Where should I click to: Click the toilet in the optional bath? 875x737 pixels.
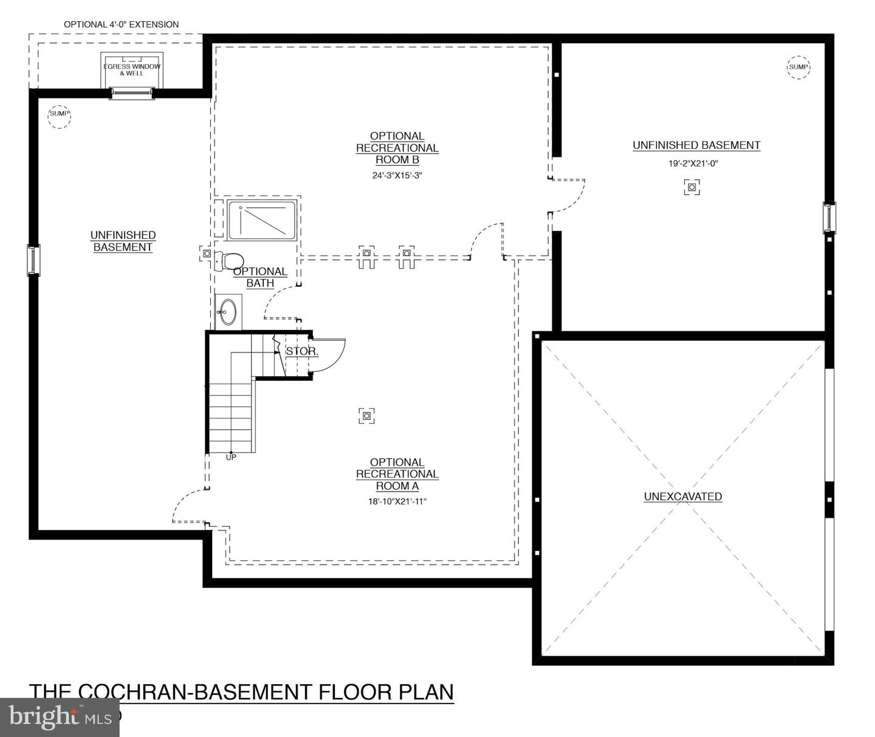[229, 261]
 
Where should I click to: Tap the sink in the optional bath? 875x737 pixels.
[228, 312]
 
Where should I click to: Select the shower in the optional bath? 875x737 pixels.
[262, 221]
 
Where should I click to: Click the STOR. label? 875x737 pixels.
[302, 351]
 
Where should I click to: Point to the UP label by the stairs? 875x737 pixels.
[231, 457]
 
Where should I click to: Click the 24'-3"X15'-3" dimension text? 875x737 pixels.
[397, 175]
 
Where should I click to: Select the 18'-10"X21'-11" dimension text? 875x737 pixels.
[397, 501]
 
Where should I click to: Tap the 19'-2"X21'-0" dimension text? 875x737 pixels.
[693, 163]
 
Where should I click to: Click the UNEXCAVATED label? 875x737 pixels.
[682, 496]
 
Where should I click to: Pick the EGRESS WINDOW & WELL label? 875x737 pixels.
[132, 69]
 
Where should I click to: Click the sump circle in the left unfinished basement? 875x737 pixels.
[59, 117]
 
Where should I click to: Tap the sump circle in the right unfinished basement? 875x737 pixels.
[798, 67]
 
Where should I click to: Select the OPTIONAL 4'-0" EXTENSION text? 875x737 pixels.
[121, 24]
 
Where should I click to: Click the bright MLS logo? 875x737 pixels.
[60, 718]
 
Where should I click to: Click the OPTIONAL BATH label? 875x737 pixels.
[260, 278]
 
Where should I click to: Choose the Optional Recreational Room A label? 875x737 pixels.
[397, 474]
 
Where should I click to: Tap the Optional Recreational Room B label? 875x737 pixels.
[397, 148]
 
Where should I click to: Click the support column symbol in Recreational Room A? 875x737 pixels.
[366, 416]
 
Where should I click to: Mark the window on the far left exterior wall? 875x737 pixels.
[33, 260]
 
